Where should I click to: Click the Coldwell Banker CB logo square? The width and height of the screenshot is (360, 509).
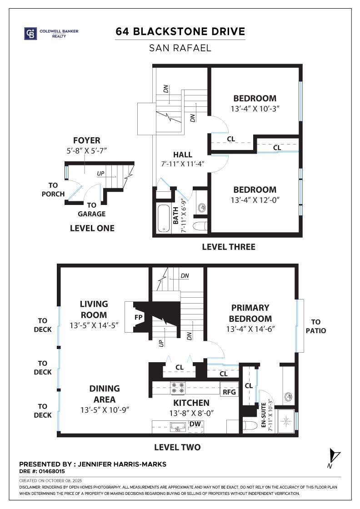[x=30, y=34]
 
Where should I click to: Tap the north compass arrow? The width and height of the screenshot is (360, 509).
[x=334, y=456]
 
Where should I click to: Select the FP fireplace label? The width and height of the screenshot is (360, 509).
[x=139, y=317]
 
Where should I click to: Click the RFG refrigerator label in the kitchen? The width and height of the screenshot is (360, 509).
[x=229, y=392]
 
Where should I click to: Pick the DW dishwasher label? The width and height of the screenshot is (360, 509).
[x=195, y=424]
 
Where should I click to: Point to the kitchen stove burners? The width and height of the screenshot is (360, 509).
[x=178, y=388]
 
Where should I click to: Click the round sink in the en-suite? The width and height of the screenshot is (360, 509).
[x=288, y=396]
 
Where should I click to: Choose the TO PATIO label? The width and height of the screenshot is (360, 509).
[x=316, y=326]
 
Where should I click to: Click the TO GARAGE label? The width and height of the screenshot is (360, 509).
[x=91, y=210]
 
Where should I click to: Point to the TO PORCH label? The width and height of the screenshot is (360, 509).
[x=53, y=190]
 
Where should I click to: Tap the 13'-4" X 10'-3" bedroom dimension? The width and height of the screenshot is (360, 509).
[x=255, y=109]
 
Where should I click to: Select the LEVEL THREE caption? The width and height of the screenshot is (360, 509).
[x=229, y=247]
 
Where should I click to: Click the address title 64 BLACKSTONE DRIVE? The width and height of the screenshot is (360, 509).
[x=180, y=31]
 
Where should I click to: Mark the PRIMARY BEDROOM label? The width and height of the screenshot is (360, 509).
[x=250, y=313]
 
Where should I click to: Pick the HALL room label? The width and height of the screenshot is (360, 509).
[x=182, y=155]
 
